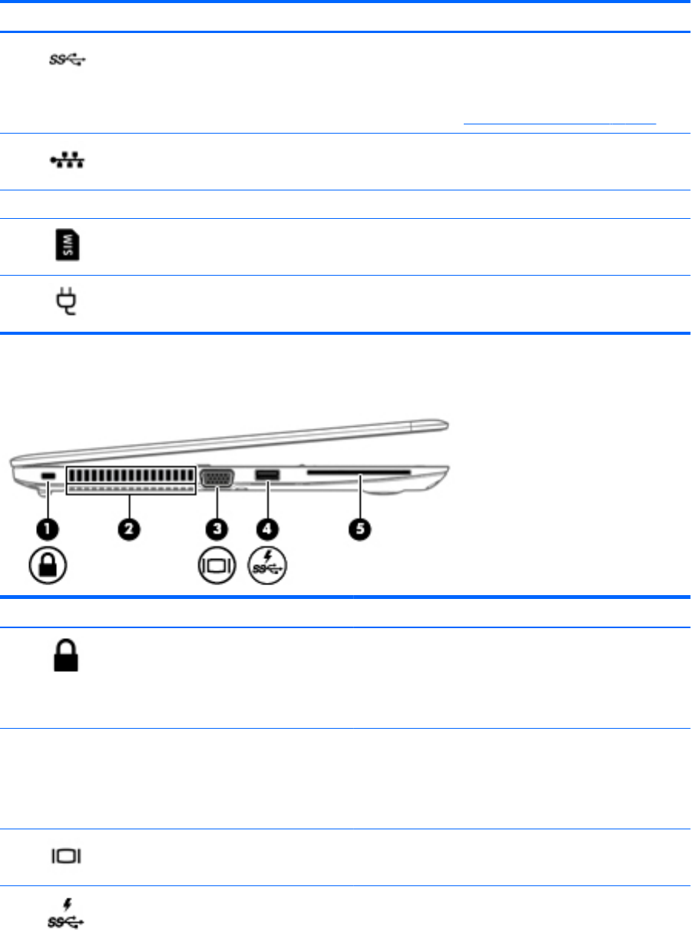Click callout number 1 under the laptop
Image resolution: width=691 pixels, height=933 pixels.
coord(47,528)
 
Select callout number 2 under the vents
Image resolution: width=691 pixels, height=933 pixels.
coord(130,528)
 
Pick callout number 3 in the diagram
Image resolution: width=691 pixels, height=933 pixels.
coord(218,528)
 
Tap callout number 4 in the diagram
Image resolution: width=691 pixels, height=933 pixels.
coord(269,528)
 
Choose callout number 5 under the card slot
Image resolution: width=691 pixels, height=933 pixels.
coord(359,528)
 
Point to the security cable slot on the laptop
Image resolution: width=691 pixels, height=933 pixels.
coord(47,478)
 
